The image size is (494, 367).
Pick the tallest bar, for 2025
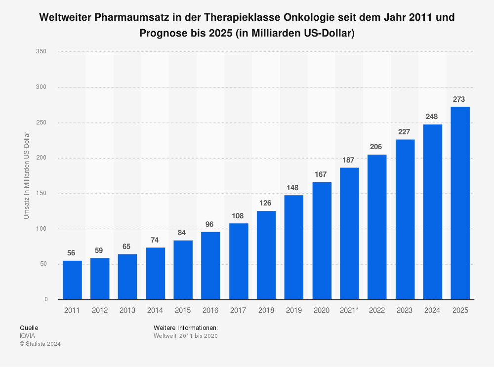point(460,203)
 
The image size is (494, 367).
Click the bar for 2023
point(405,219)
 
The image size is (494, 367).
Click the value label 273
point(460,99)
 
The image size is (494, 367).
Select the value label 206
point(377,147)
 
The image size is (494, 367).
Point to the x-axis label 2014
point(155,310)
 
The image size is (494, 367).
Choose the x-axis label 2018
point(266,310)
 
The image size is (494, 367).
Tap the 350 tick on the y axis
point(41,51)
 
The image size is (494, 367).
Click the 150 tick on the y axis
point(41,193)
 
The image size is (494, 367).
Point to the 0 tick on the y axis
point(45,299)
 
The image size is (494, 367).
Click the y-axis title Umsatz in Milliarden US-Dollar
point(27,175)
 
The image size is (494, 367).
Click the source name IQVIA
point(27,336)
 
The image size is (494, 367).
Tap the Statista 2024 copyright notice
point(40,344)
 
